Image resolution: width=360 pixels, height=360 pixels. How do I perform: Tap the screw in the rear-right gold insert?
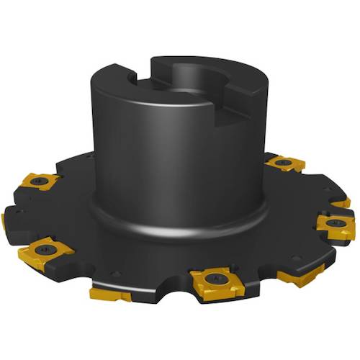[284, 164]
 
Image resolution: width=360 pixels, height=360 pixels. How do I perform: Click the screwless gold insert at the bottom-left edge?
[109, 294]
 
